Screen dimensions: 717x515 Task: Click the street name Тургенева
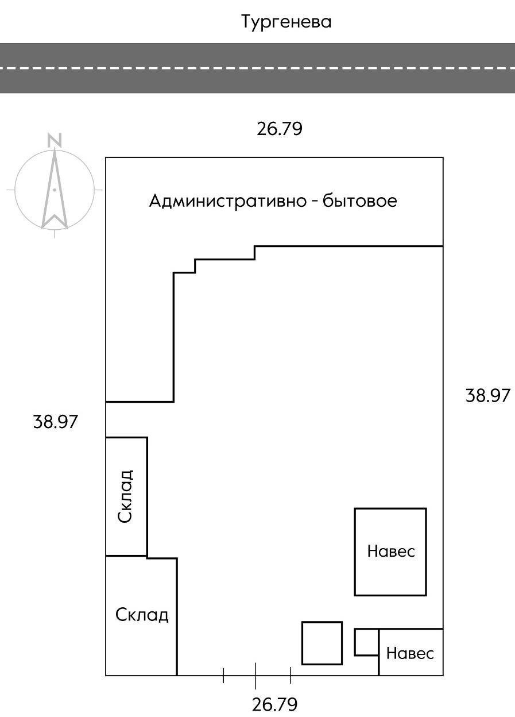tap(286, 22)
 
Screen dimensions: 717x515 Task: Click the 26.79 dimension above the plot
tap(279, 129)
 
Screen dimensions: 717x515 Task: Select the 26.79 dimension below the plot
tap(275, 704)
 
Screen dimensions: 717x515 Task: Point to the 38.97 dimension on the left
tap(55, 422)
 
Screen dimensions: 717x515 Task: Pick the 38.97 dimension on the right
tap(487, 396)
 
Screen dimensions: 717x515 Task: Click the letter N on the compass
tap(55, 140)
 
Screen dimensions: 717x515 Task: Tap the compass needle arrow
tap(55, 190)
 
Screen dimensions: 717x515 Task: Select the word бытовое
tap(359, 202)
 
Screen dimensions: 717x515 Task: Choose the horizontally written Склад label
tap(142, 615)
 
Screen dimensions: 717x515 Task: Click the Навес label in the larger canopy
tap(390, 552)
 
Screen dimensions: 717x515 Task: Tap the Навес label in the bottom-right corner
tap(410, 653)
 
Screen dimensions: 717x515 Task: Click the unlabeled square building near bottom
tap(322, 643)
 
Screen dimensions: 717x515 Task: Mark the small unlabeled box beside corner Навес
tap(366, 642)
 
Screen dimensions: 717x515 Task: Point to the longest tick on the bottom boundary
tap(255, 676)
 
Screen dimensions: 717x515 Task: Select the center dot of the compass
tap(55, 189)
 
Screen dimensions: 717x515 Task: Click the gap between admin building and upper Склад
tap(126, 419)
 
